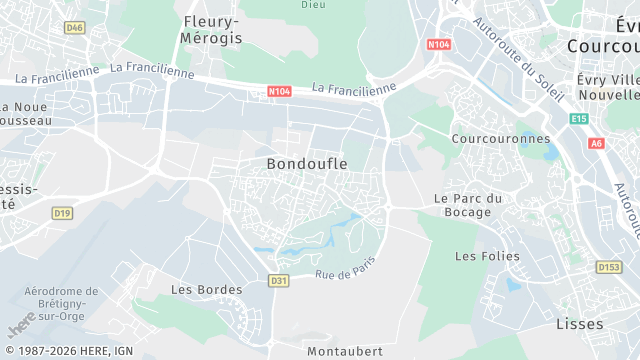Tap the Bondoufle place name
[307, 163]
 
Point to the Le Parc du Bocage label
[462, 205]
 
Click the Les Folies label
[487, 256]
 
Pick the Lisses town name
[579, 324]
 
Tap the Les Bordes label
[206, 290]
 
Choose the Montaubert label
[344, 352]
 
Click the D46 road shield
[74, 28]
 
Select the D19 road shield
[63, 213]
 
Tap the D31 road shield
[279, 281]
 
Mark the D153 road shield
[608, 267]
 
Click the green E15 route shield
[578, 118]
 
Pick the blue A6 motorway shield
[597, 144]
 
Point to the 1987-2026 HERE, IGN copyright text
[68, 351]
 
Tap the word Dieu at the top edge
[313, 4]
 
